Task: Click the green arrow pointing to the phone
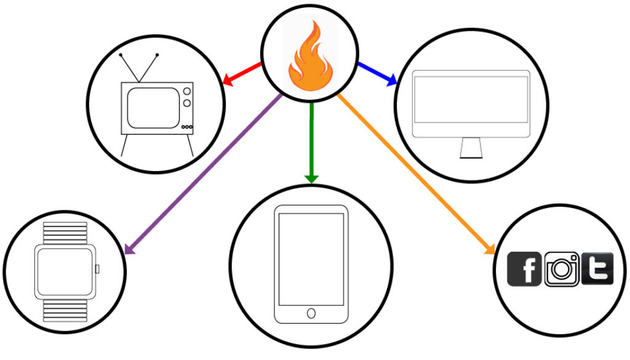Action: point(311,142)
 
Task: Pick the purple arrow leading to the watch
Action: point(203,172)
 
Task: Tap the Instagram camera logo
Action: point(561,270)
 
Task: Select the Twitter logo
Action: point(597,269)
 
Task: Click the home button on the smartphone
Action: point(311,314)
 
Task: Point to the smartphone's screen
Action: point(311,258)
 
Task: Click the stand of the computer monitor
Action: point(471,148)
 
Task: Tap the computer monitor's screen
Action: point(471,98)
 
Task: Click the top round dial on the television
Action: point(187,92)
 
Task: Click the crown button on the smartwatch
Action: point(97,268)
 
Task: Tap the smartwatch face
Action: point(65,271)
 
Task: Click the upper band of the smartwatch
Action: point(65,233)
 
